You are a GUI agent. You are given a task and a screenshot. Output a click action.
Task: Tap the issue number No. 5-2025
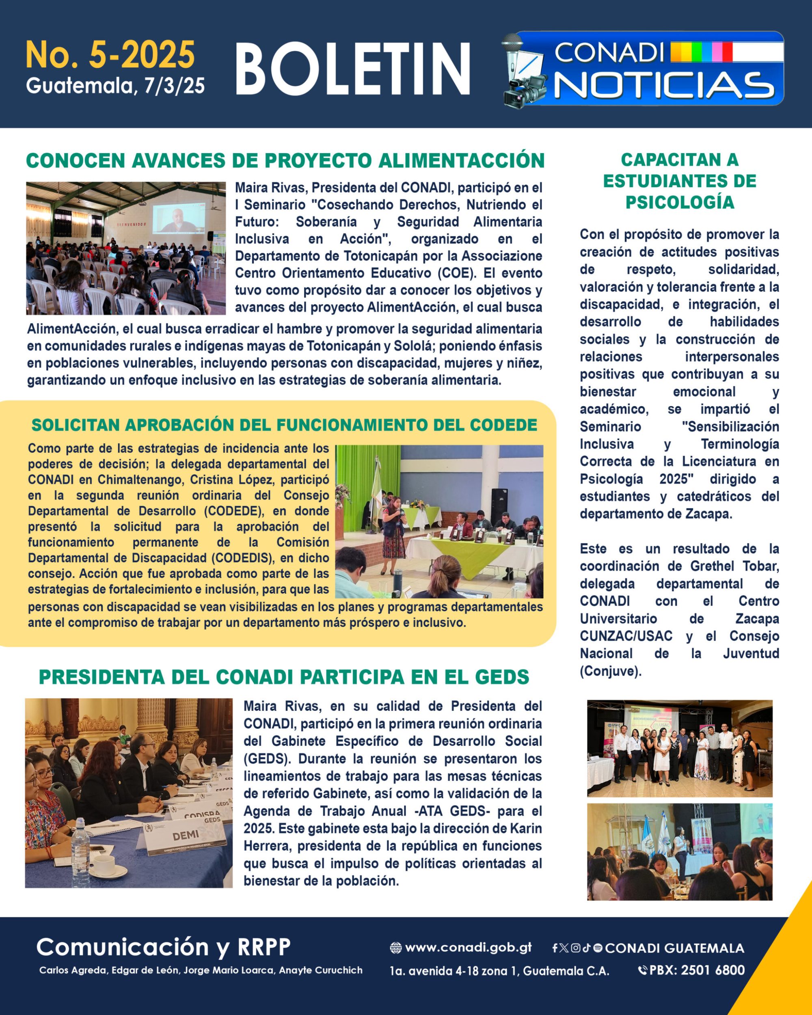click(110, 55)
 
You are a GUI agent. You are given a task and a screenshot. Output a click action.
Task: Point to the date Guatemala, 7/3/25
click(115, 86)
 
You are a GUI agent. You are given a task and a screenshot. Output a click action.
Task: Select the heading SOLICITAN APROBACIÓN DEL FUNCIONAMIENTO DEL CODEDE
click(284, 425)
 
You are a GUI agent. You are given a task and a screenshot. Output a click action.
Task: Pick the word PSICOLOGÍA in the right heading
click(679, 203)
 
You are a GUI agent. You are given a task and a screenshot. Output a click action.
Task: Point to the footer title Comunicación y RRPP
click(163, 946)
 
